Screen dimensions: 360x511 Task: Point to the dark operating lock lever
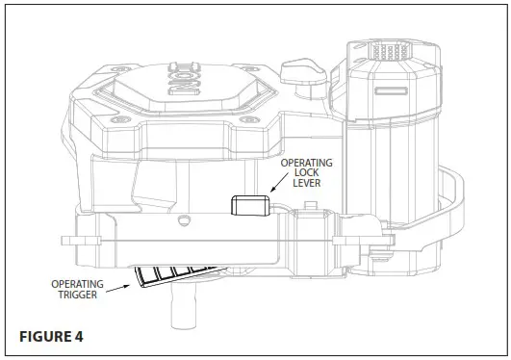pos(248,205)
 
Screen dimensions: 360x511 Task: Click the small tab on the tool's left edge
pos(67,238)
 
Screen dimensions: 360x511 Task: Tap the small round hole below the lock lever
pos(183,219)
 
